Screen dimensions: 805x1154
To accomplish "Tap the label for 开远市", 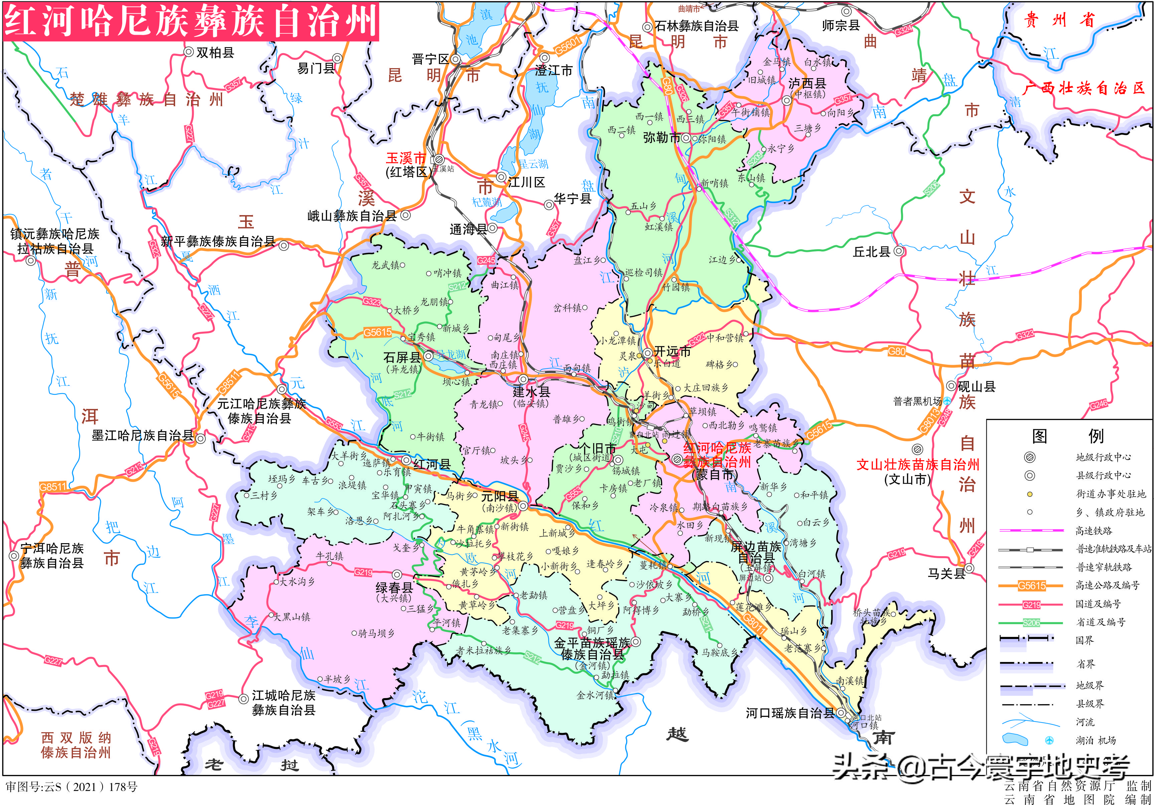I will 672,351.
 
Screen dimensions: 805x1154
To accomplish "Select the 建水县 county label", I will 531,391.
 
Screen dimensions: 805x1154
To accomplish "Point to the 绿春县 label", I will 394,588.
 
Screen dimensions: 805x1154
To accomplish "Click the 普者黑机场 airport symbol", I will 947,400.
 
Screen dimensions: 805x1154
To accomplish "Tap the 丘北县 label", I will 871,252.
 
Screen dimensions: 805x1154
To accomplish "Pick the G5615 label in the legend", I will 1031,586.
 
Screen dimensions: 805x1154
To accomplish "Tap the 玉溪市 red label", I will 405,158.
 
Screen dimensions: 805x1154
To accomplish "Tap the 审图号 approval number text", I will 71,786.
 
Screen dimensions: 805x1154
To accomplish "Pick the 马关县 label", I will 946,573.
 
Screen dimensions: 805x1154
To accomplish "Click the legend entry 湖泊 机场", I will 1096,740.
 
